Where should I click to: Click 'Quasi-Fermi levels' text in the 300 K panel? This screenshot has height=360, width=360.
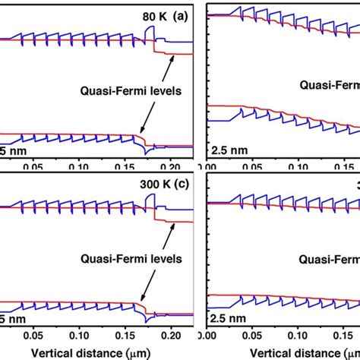click(x=133, y=258)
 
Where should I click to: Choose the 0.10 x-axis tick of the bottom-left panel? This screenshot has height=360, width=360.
click(x=78, y=334)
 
